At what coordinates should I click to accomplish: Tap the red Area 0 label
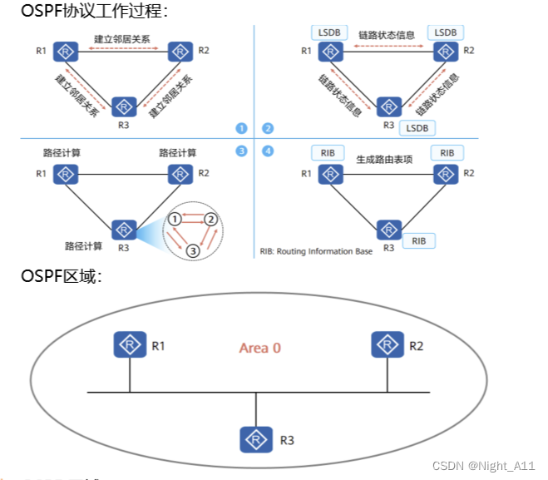(x=259, y=348)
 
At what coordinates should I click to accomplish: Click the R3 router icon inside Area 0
(x=256, y=438)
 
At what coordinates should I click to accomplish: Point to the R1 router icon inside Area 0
(x=129, y=344)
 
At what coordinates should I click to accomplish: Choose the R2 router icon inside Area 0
(x=387, y=344)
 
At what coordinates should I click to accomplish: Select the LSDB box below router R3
(x=417, y=127)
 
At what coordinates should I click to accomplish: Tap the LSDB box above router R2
(x=446, y=32)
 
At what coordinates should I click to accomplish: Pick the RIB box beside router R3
(x=418, y=240)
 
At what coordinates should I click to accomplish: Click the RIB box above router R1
(x=328, y=153)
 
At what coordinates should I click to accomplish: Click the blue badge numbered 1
(x=242, y=128)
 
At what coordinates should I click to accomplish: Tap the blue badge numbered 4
(x=267, y=151)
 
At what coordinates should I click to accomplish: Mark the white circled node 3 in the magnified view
(x=192, y=250)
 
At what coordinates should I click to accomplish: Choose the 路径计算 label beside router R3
(x=83, y=245)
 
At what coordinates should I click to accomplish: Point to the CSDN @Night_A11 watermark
(x=484, y=467)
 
